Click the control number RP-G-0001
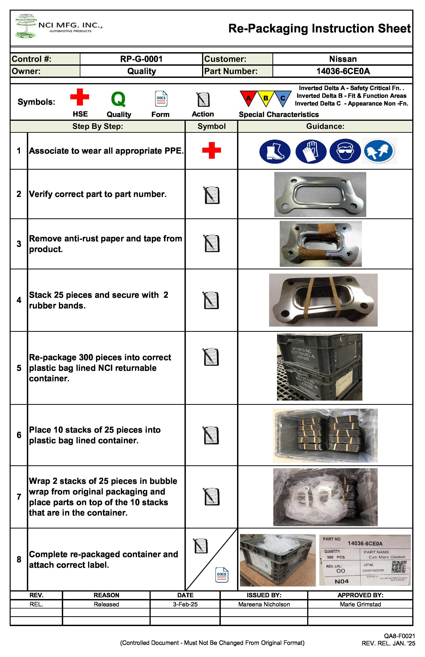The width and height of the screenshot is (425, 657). click(141, 59)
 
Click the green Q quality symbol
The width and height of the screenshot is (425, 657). click(118, 99)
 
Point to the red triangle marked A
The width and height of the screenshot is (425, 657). click(248, 97)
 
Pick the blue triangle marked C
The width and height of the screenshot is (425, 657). click(283, 97)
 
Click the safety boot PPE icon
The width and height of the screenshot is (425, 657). click(275, 151)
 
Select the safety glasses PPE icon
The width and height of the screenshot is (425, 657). click(345, 151)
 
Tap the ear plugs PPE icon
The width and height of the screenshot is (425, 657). click(378, 151)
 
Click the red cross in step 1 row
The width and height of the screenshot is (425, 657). click(211, 151)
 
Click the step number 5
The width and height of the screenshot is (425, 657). click(19, 368)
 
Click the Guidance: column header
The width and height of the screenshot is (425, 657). click(325, 126)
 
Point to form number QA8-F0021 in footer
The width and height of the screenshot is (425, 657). click(399, 636)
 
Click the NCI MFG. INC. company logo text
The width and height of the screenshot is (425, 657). click(70, 25)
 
